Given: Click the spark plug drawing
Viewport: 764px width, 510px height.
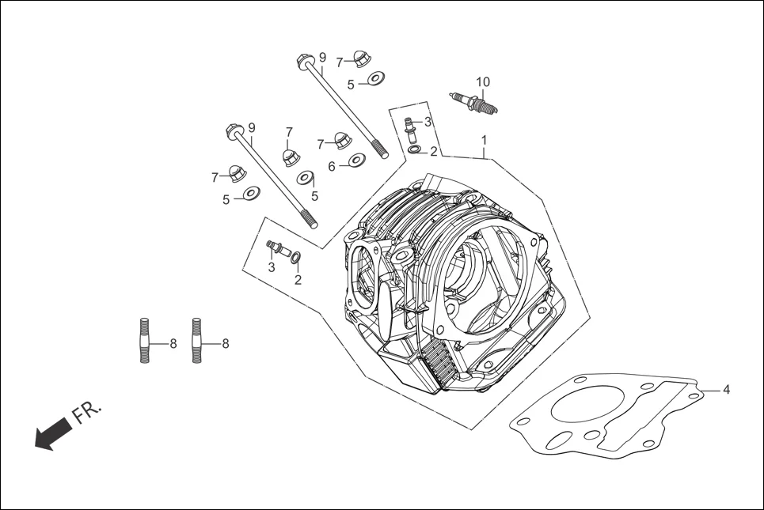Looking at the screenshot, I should (475, 103).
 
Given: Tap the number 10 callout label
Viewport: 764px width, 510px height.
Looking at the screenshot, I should (483, 81).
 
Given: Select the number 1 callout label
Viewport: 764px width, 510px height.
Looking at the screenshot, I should (484, 140).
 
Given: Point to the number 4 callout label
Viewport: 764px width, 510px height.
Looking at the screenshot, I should (726, 389).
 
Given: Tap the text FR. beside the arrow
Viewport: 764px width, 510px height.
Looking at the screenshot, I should (87, 413).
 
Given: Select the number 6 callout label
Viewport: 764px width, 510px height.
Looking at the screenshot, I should (333, 165).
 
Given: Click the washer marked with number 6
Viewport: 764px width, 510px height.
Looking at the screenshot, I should (357, 161).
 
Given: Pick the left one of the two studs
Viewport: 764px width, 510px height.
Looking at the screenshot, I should (144, 341).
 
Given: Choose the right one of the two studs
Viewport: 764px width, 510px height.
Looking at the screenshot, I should (196, 341).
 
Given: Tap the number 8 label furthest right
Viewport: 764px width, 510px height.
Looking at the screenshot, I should (225, 344).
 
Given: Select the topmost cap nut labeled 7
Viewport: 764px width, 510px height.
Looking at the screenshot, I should (362, 59).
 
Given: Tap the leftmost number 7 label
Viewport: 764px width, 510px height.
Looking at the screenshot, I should (215, 177).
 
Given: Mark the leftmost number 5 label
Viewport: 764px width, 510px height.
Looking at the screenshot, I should (226, 200).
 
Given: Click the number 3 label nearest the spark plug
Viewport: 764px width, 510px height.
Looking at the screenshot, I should (428, 122).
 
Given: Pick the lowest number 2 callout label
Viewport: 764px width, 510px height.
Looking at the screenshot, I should (298, 279).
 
